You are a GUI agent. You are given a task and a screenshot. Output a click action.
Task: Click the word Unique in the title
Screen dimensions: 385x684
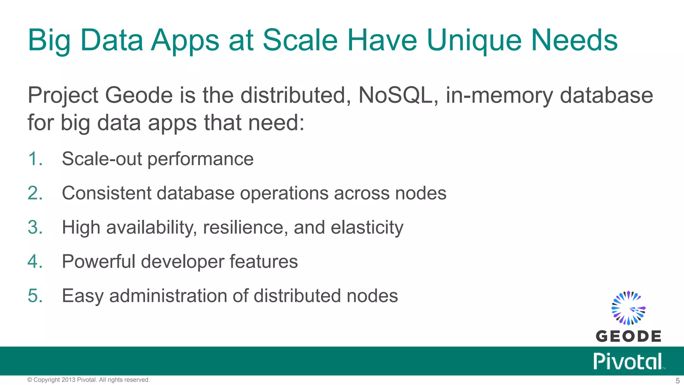[x=474, y=41]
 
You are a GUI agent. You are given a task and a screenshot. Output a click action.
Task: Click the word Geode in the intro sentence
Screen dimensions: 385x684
[x=139, y=96]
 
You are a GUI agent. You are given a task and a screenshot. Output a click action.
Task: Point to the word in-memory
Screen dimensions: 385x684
[x=499, y=96]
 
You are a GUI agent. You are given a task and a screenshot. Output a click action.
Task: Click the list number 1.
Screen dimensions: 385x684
[x=35, y=159]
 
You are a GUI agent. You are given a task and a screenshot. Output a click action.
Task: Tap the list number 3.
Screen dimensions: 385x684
[x=35, y=228]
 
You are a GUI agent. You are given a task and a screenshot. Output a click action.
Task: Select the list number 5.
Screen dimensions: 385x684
[x=35, y=296]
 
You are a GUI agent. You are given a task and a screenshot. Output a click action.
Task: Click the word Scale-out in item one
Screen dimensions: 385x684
[x=102, y=159]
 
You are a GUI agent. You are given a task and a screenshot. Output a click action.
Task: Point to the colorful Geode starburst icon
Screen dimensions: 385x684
[x=628, y=308]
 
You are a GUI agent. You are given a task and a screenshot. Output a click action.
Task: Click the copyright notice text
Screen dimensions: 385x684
[x=89, y=380]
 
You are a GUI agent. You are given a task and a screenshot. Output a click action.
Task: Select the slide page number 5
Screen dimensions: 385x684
[x=677, y=381]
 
